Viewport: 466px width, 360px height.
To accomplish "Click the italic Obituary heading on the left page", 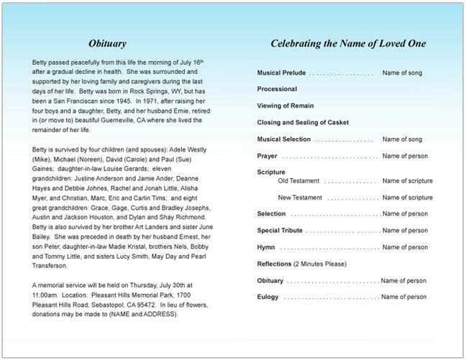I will click(x=109, y=44).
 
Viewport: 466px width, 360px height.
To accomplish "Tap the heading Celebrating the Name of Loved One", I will click(x=348, y=44).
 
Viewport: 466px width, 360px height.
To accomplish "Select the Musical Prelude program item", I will click(x=283, y=73).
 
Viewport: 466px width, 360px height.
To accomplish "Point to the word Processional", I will click(x=277, y=89).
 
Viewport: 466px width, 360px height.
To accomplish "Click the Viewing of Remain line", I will click(x=285, y=105).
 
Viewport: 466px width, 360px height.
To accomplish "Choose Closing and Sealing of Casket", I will click(x=303, y=121).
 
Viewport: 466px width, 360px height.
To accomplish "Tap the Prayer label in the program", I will click(x=267, y=156).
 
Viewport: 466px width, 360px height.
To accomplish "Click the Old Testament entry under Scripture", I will click(x=299, y=181).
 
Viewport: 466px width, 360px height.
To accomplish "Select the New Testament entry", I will click(x=301, y=197).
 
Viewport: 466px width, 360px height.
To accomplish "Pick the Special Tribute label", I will click(x=280, y=231).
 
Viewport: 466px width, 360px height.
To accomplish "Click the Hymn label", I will click(x=265, y=246).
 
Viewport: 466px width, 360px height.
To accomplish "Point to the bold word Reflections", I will click(x=274, y=264).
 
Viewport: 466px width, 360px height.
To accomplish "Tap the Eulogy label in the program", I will click(x=268, y=297).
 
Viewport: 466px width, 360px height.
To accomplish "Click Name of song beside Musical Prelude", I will click(x=402, y=73).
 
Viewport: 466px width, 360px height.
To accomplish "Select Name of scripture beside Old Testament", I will click(x=408, y=181).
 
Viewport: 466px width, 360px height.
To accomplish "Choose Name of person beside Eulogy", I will click(x=405, y=297).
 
